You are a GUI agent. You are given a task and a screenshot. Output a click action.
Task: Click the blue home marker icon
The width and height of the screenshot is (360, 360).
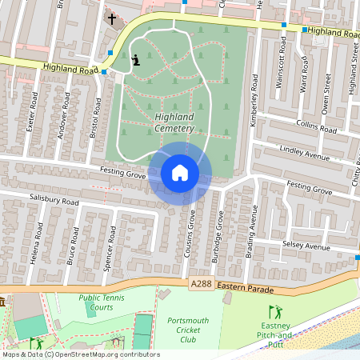(x=180, y=173)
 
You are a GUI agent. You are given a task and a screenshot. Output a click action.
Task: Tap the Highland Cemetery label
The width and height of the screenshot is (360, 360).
(x=173, y=123)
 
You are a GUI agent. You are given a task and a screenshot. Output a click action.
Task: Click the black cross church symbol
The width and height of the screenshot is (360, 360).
(x=112, y=18)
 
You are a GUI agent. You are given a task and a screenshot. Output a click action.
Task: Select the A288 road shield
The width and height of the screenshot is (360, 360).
(x=202, y=285)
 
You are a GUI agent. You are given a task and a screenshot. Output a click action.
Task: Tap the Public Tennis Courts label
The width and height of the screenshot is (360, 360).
(x=101, y=302)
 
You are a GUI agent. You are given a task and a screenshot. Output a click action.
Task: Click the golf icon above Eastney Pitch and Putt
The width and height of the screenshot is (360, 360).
(x=276, y=312)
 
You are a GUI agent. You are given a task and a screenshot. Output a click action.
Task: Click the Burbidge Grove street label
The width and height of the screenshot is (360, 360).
(x=219, y=236)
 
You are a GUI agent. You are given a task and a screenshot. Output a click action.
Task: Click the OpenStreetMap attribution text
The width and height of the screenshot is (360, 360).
(x=80, y=354)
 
